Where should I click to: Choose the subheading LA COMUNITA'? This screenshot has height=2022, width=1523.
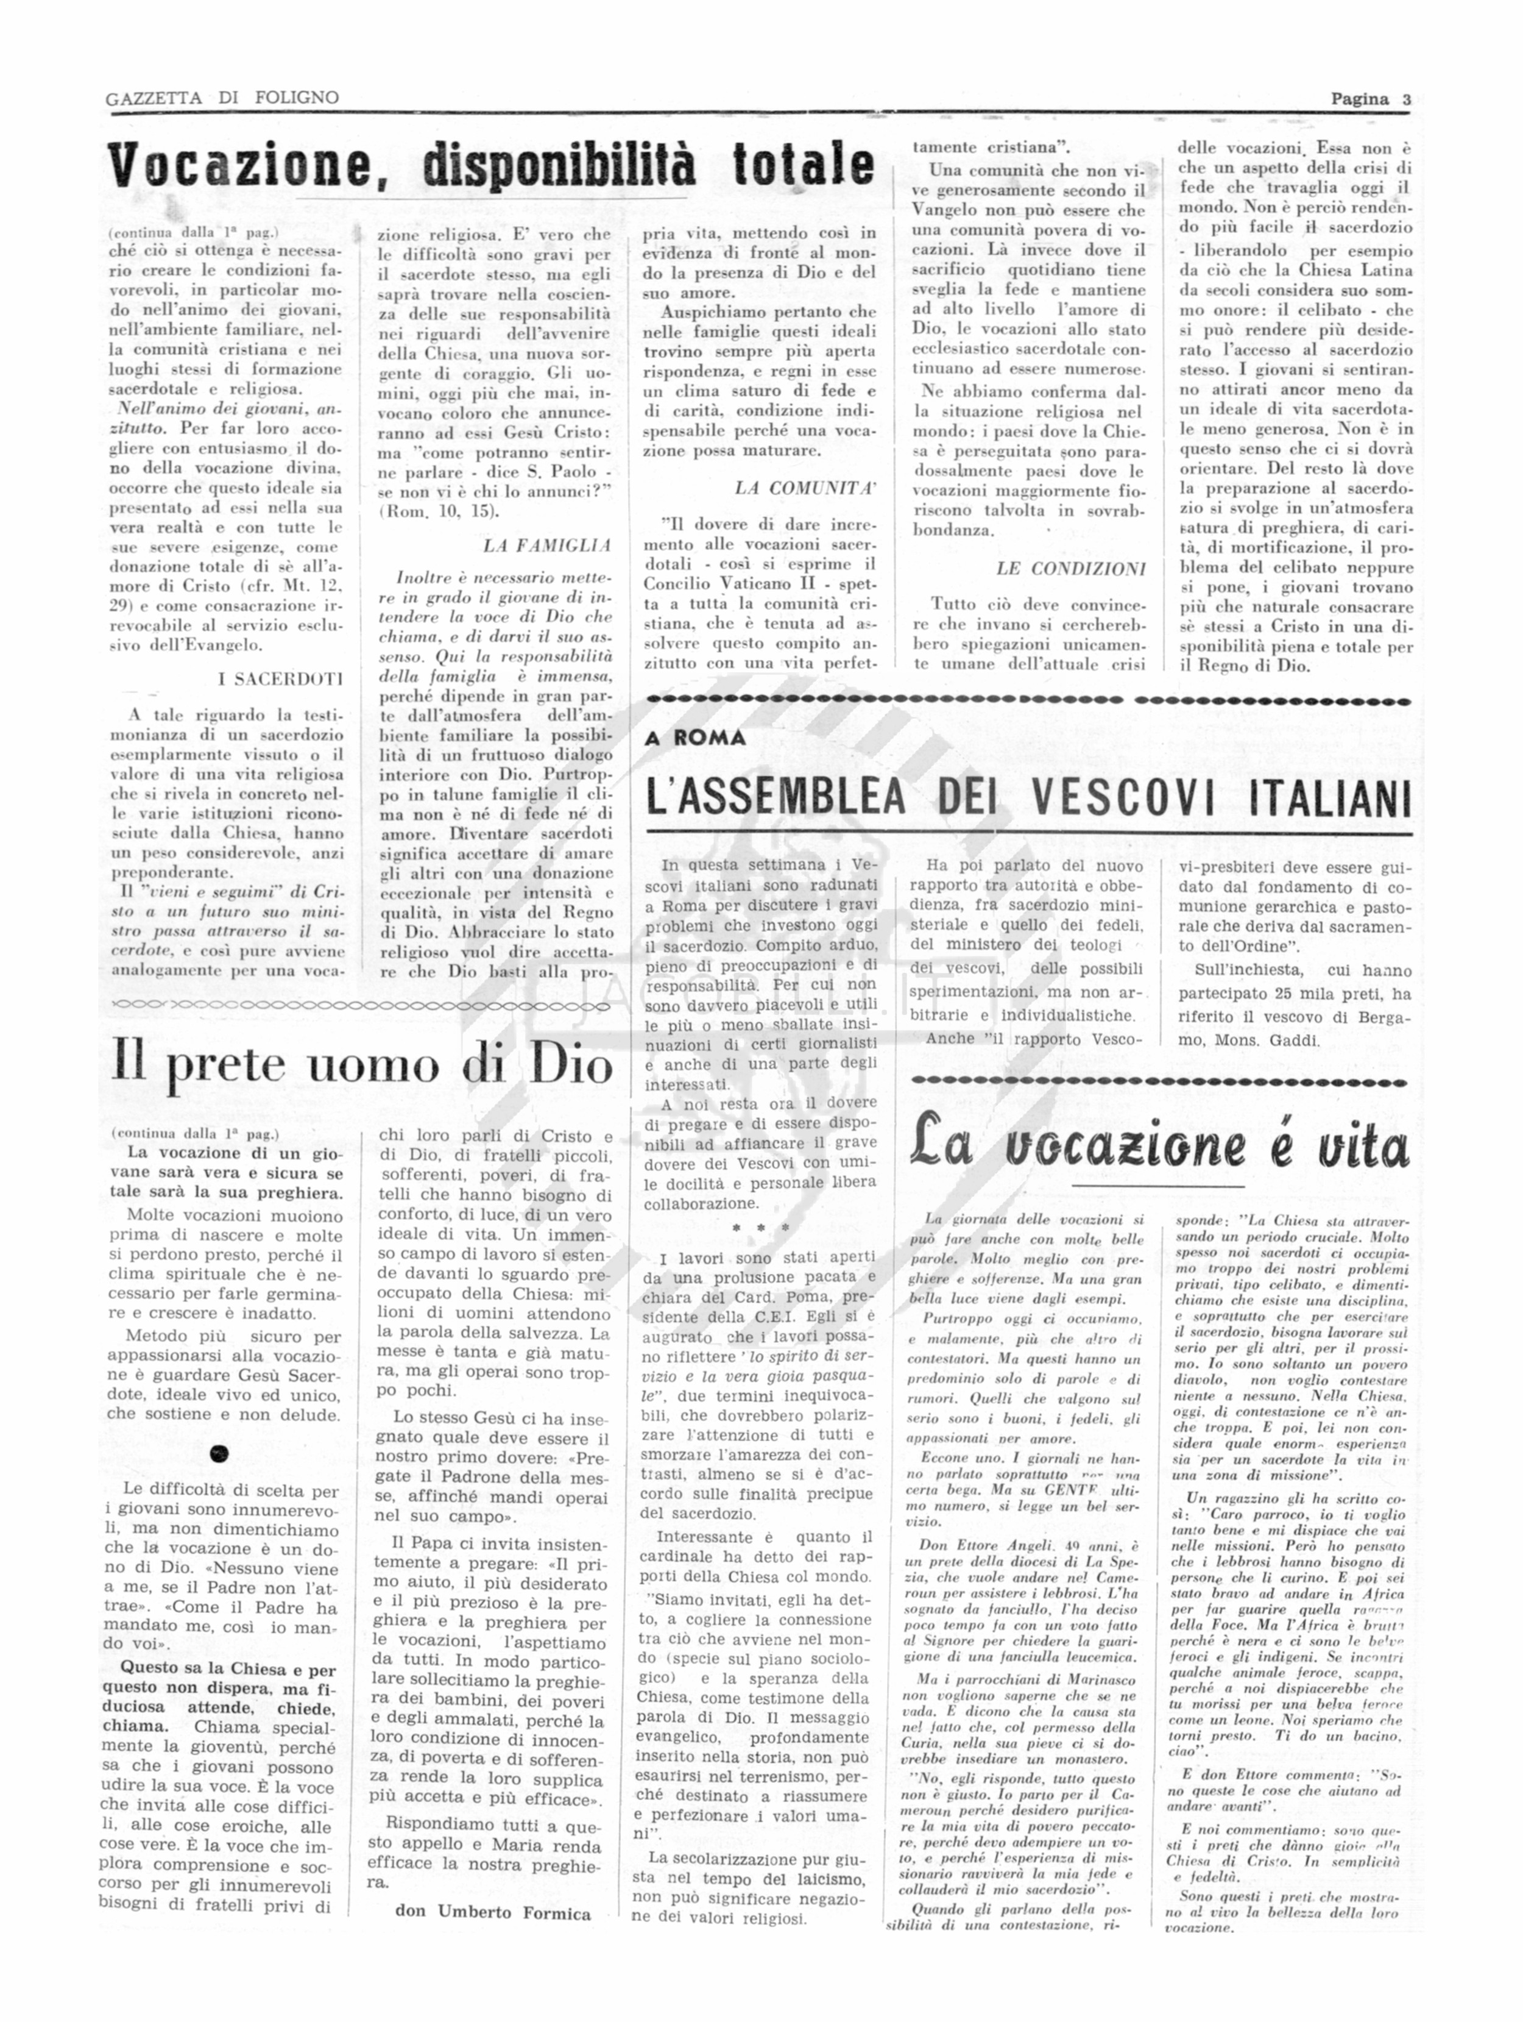(805, 488)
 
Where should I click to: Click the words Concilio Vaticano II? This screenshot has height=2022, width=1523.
(728, 584)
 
